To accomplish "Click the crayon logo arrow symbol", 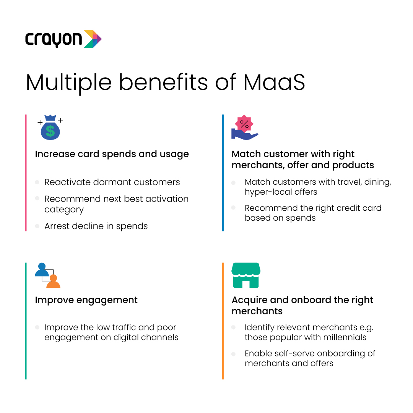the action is coord(93,39).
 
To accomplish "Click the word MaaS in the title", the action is coord(274,82).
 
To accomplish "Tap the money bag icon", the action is coord(50,127).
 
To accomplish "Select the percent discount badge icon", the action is coord(244,124).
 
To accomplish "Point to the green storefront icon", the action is coord(246,275).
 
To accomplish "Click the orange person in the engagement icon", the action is coord(54,281).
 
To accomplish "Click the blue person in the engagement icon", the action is coord(42,270).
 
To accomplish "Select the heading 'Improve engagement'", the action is coord(86,300).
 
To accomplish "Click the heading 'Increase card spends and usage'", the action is coord(112,154).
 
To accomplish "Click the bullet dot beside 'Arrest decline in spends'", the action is coord(37,226).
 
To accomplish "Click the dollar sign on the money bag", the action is coord(50,131).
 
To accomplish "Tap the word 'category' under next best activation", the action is coord(64,210).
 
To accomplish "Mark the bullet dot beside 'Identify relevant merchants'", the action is coord(233,327).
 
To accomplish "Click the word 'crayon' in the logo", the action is coord(54,40).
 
